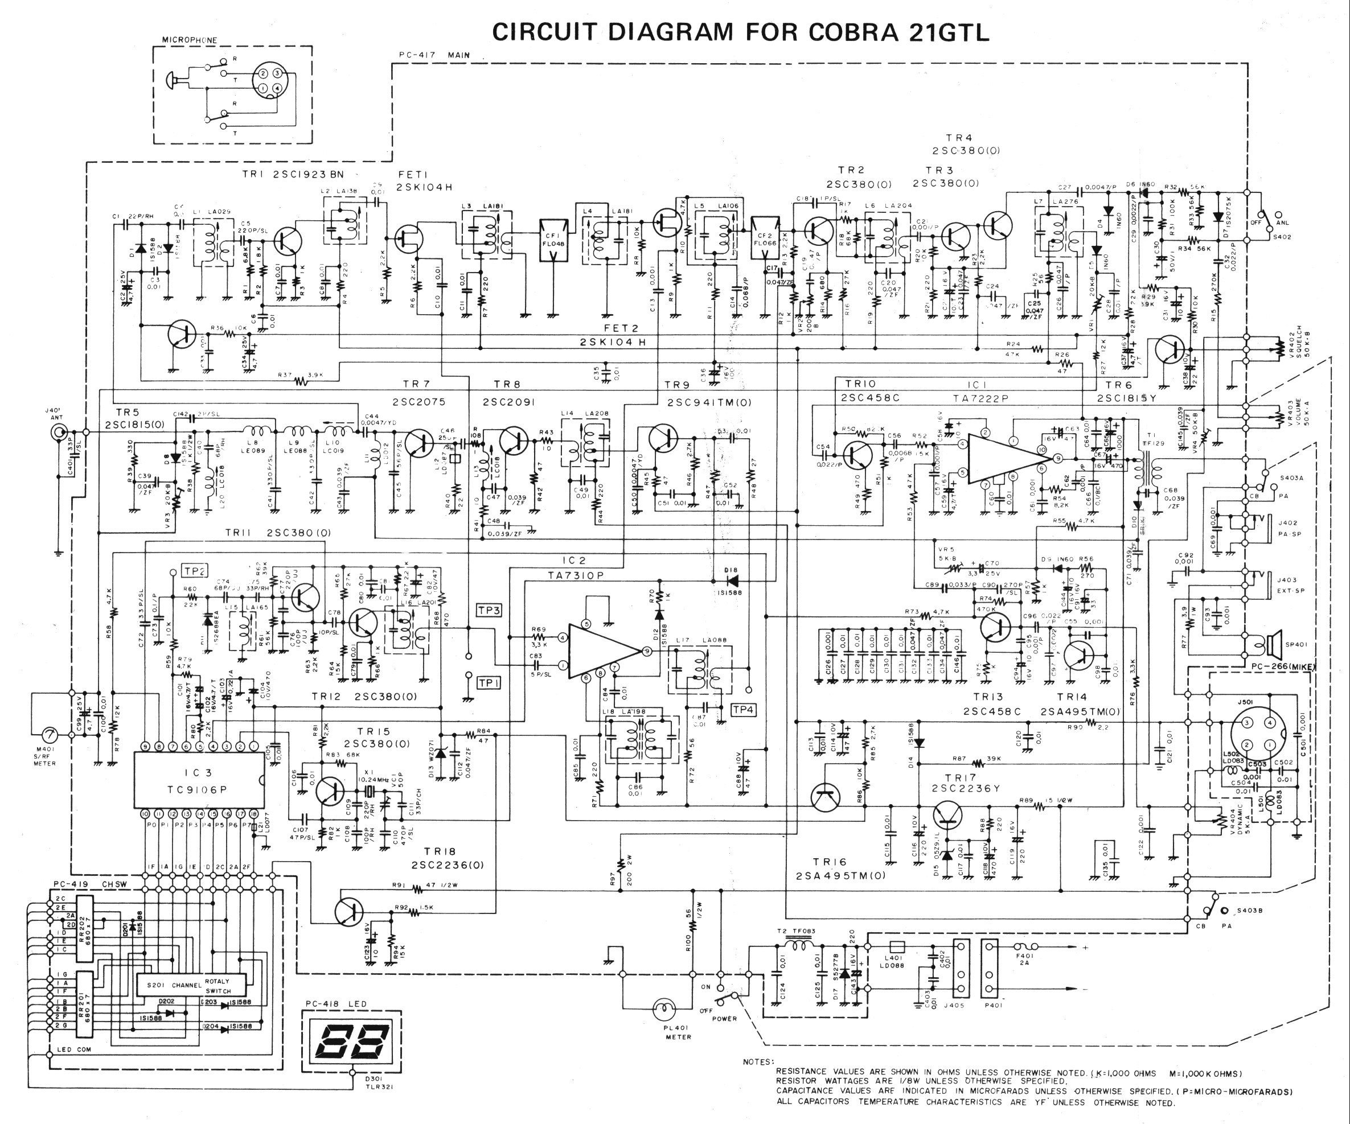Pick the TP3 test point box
coord(489,610)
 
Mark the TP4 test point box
coord(743,710)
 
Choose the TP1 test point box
coord(489,682)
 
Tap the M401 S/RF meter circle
coord(48,735)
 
